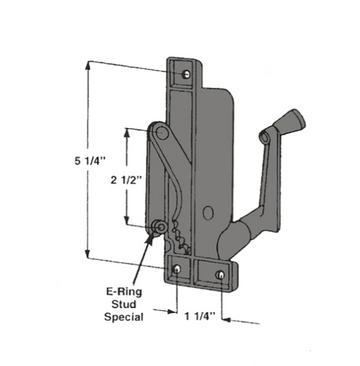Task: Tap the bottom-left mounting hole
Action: [x=179, y=269]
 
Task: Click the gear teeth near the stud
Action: [x=180, y=240]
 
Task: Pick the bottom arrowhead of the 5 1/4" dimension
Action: [x=91, y=255]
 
